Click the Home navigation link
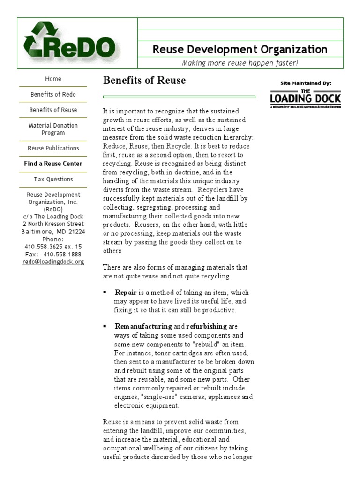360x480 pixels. tap(53, 79)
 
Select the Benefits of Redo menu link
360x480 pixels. tap(53, 94)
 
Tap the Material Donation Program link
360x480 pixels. tap(53, 129)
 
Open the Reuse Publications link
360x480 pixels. tap(53, 148)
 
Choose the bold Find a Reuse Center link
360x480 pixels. tap(53, 164)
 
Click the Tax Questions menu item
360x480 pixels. tap(53, 179)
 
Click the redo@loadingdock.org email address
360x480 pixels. tap(53, 262)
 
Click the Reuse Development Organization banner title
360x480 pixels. tap(240, 50)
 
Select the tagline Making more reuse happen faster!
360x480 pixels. tap(240, 63)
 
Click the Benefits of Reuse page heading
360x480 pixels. tap(144, 80)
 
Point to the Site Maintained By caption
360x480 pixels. tap(306, 83)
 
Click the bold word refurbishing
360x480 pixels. tap(206, 326)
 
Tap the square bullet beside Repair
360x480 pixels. tap(105, 292)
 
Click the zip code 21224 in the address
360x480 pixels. tap(76, 232)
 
